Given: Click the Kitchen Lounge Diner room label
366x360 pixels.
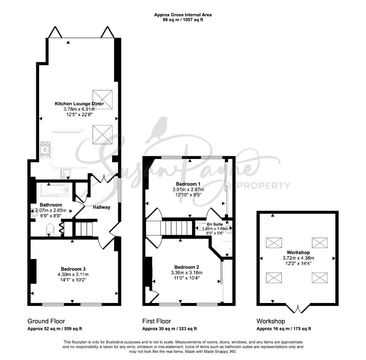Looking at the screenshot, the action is click(x=79, y=104).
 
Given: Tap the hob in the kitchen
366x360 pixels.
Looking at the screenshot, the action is click(x=45, y=150).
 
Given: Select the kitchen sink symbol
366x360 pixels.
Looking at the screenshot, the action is click(x=66, y=174).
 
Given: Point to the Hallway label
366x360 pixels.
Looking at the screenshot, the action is click(x=101, y=207).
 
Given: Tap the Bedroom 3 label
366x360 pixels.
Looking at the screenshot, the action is click(x=73, y=269).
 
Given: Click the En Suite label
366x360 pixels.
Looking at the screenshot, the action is click(x=215, y=224).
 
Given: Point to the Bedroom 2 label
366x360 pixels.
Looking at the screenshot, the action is click(x=187, y=267).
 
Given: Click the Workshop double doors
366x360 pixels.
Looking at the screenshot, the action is click(x=298, y=308).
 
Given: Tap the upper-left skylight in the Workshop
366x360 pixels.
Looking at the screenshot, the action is click(x=274, y=243).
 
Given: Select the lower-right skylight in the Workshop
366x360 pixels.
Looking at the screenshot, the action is click(x=320, y=278).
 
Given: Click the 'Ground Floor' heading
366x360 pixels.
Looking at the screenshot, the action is click(x=46, y=321).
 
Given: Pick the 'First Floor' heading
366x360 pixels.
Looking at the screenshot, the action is click(x=156, y=321).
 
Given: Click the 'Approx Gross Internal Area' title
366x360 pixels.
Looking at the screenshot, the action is click(x=183, y=15).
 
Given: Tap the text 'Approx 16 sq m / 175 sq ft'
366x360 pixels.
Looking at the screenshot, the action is click(x=284, y=329).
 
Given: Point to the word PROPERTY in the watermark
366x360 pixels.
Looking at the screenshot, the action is click(x=264, y=186).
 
